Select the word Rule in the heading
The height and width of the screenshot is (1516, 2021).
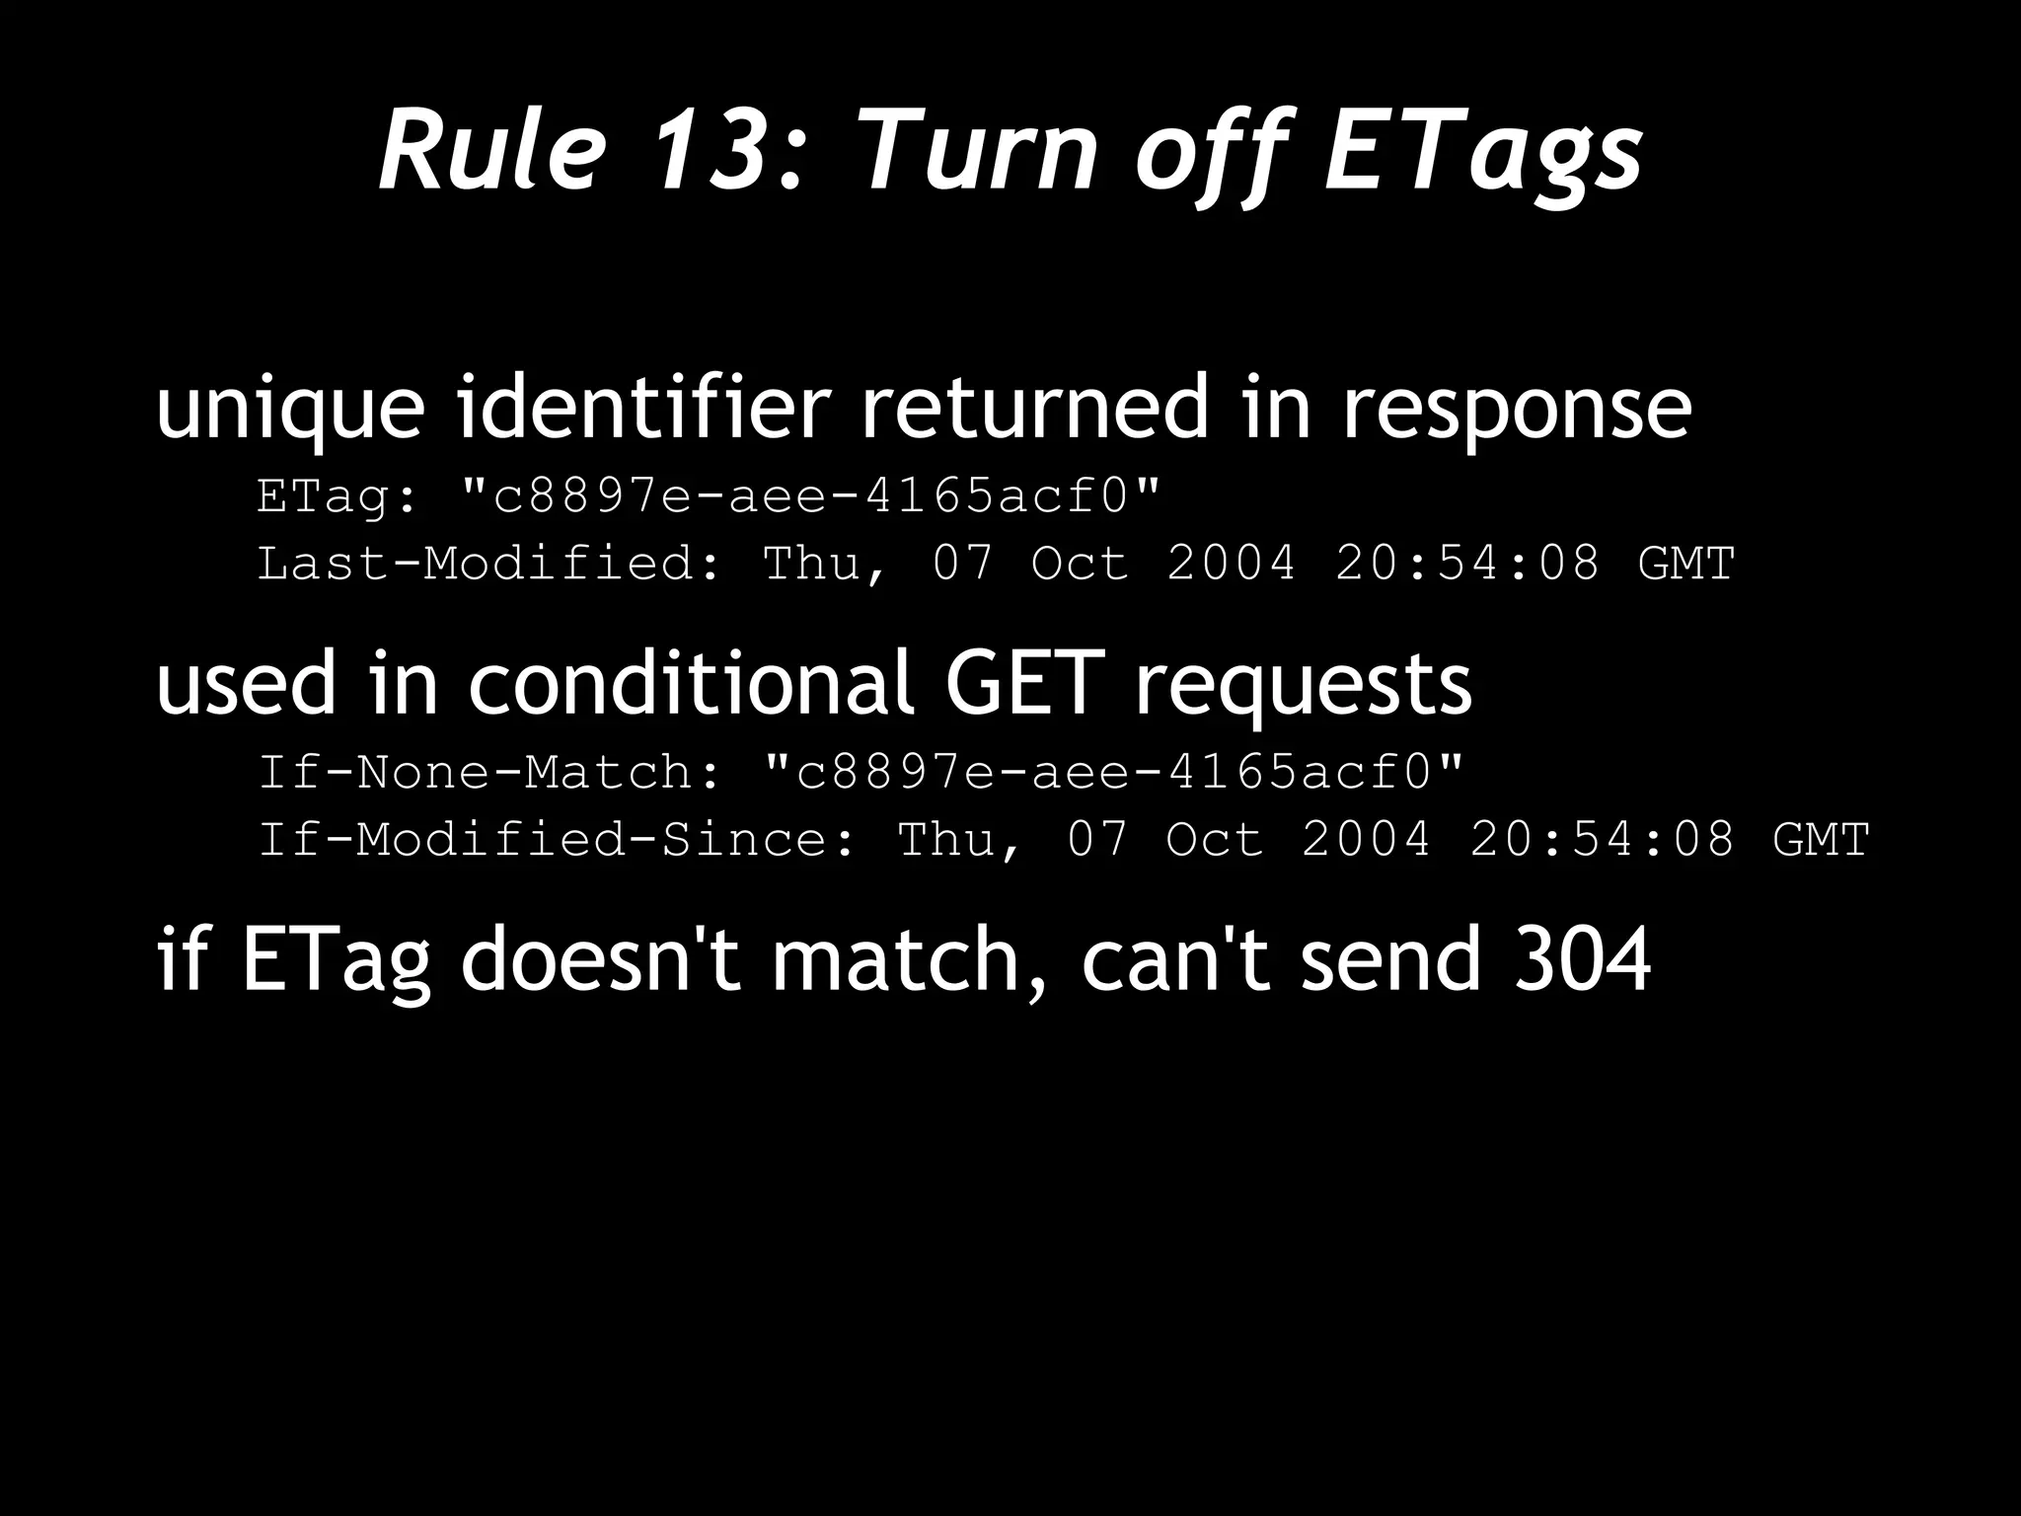click(x=490, y=151)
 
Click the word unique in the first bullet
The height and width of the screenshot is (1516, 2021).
click(x=290, y=408)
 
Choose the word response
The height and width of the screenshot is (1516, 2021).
click(x=1516, y=408)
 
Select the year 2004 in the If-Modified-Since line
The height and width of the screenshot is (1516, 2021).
click(x=1366, y=840)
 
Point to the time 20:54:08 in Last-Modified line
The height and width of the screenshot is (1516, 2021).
click(x=1467, y=564)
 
